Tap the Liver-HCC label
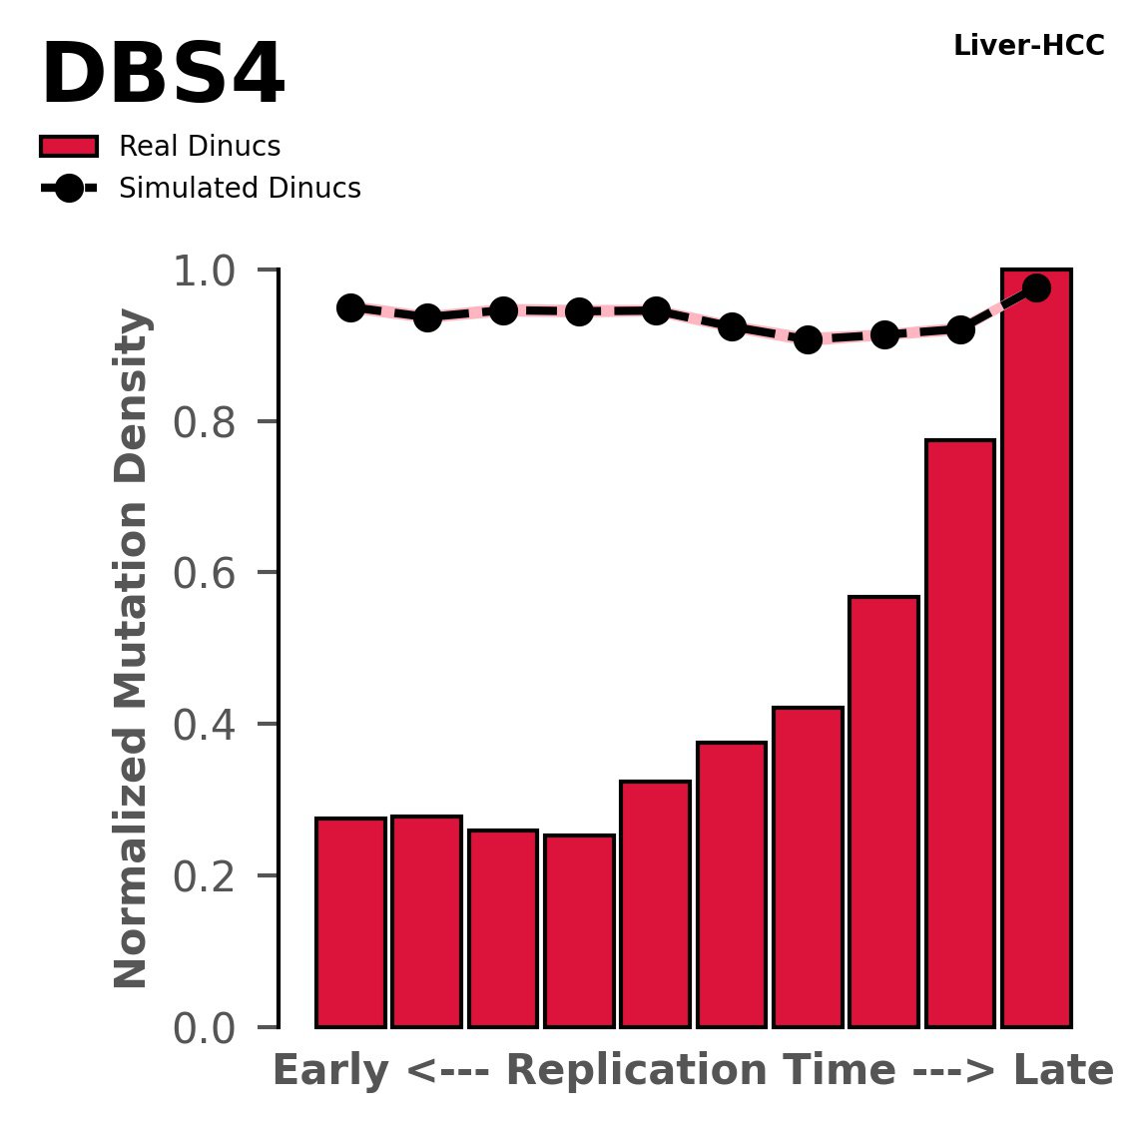point(1028,46)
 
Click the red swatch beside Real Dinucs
point(68,147)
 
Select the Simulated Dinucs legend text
point(240,189)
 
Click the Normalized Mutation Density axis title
point(132,649)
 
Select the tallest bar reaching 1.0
point(1036,649)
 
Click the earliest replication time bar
point(350,922)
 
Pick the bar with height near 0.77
point(960,733)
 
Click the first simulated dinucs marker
point(350,307)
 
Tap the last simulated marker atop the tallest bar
point(1036,287)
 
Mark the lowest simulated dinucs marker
point(809,339)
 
